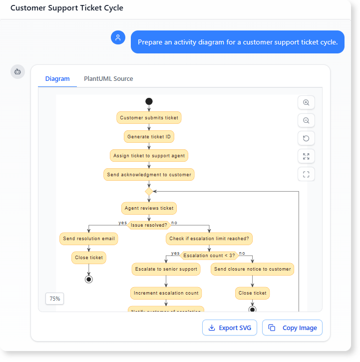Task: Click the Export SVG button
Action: (x=230, y=328)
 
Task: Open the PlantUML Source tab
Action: (x=108, y=79)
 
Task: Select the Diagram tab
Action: (x=57, y=79)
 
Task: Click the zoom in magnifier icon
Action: (x=306, y=102)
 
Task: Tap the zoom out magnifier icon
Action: (x=306, y=120)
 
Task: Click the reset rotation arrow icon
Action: (x=306, y=138)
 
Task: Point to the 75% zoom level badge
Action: (x=55, y=299)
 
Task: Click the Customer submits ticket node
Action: (x=149, y=118)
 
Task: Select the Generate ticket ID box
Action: (x=149, y=137)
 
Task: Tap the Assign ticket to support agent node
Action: (x=149, y=156)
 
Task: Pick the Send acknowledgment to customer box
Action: (x=149, y=175)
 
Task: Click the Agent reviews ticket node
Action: (x=149, y=208)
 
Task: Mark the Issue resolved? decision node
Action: (x=149, y=225)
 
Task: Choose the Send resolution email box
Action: (x=89, y=239)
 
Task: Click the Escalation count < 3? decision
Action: (x=209, y=256)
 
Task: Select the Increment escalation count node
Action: (x=166, y=293)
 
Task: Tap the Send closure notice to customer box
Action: (x=252, y=269)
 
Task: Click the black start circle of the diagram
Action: (x=149, y=101)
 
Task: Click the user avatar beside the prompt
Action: (x=118, y=37)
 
